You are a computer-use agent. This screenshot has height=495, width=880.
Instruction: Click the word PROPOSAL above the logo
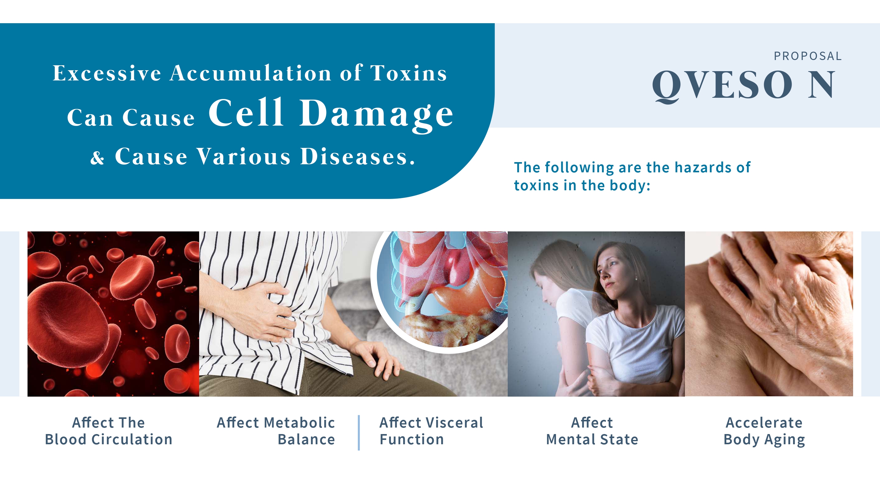(x=808, y=56)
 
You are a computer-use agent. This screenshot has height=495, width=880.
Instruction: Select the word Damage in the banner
(x=377, y=114)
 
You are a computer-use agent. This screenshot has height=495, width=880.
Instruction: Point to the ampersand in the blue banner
(x=97, y=157)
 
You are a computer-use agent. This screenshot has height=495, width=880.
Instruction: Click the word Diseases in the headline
(x=357, y=157)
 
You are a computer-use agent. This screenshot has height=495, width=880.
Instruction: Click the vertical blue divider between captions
(x=359, y=433)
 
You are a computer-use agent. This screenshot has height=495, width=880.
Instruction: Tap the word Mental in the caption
(x=570, y=439)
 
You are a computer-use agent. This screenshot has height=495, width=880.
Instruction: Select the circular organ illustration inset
(x=441, y=291)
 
